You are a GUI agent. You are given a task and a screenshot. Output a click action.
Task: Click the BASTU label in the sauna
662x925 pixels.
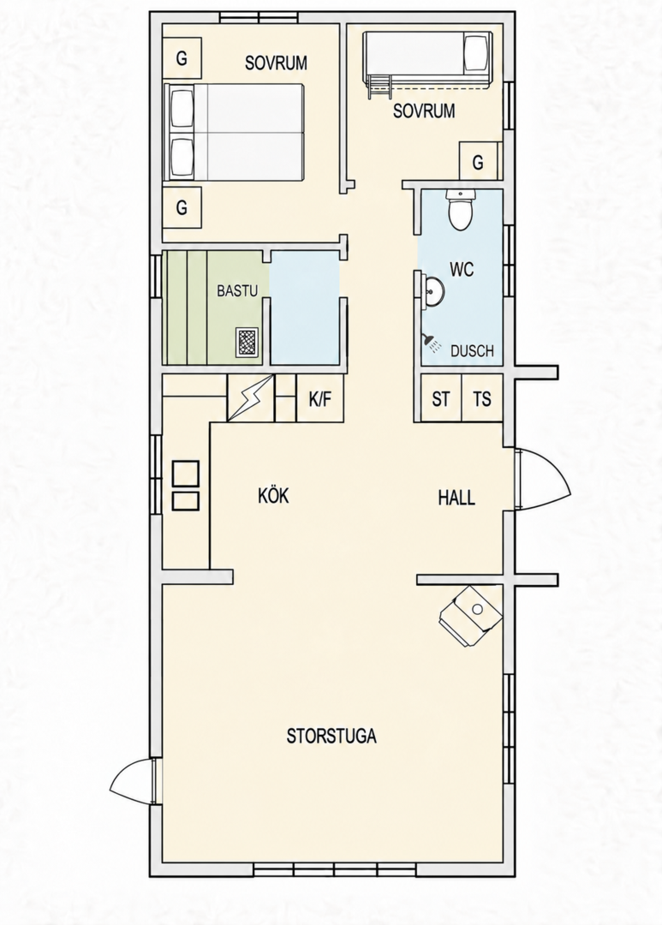pos(237,291)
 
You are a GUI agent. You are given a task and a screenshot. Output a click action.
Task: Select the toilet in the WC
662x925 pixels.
pos(460,210)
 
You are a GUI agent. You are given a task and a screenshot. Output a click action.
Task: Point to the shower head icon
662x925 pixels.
pos(431,343)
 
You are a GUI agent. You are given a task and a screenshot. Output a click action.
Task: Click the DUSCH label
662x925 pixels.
pos(471,351)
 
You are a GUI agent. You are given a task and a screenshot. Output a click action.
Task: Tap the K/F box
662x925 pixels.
pos(319,398)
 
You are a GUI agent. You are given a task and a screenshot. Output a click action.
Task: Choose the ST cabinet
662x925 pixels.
pos(440,398)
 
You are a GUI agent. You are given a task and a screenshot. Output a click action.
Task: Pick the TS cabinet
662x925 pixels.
pos(482,398)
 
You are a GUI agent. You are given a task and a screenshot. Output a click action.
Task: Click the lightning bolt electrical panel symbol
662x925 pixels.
pos(251,398)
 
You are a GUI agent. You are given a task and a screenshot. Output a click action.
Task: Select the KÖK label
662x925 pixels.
pos(273,496)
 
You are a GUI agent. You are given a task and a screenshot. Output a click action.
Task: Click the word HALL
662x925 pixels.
pos(456,498)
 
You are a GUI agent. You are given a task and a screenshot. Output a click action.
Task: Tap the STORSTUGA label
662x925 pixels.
pos(331,737)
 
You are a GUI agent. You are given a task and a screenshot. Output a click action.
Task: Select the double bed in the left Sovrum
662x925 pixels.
pos(235,132)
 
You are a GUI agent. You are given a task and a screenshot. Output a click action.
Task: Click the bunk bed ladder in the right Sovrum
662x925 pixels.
pos(379,87)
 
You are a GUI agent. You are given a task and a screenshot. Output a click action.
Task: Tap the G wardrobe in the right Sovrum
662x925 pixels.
pos(479,160)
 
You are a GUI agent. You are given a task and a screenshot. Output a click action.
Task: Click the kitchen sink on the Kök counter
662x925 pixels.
pos(185,486)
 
